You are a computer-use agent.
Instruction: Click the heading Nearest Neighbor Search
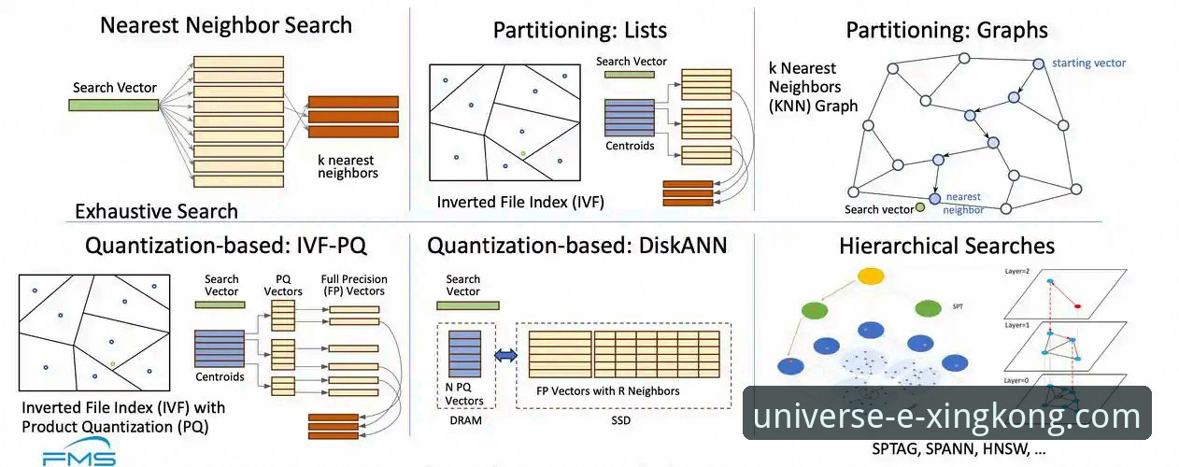226,24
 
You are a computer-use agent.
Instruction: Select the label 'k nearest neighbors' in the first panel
348,166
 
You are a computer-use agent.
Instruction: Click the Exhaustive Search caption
156,210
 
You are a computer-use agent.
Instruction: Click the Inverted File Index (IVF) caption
502,202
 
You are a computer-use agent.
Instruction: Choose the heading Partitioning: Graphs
946,30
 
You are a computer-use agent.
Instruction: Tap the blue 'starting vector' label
1088,64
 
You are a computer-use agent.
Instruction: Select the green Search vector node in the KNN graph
921,206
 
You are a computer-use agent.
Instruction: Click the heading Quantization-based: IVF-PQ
225,246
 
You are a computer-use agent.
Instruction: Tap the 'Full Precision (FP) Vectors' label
353,285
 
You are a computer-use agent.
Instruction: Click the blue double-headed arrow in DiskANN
504,354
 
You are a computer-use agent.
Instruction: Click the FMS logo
79,458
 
